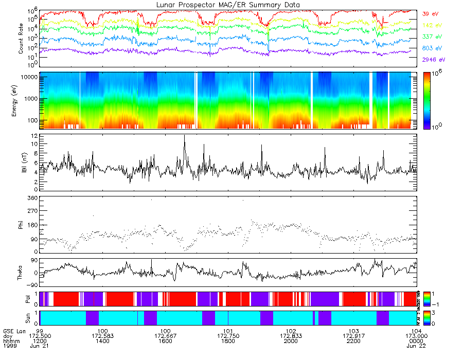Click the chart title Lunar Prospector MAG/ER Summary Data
pos(227,5)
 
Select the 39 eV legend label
pos(431,14)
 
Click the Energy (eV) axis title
pos(22,101)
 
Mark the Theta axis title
pos(22,273)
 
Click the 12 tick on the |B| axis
pos(34,136)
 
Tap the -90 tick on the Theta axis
pos(31,284)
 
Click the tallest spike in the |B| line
pos(184,136)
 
